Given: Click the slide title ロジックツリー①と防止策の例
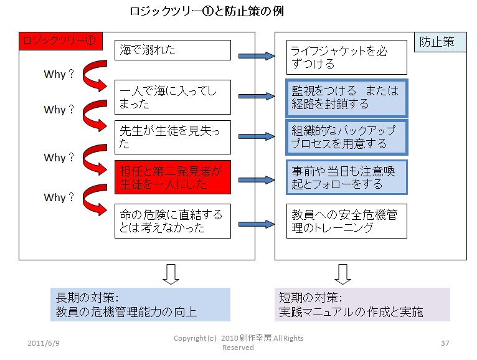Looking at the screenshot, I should pyautogui.click(x=206, y=12).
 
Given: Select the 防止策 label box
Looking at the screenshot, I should pyautogui.click(x=440, y=42).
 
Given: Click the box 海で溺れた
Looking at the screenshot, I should pyautogui.click(x=172, y=50).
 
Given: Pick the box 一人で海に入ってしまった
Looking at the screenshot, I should pyautogui.click(x=172, y=97).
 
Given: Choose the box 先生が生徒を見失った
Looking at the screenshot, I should pyautogui.click(x=172, y=137).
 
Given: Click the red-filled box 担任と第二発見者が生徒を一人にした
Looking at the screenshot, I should pyautogui.click(x=172, y=177).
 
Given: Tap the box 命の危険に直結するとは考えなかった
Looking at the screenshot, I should pyautogui.click(x=172, y=221).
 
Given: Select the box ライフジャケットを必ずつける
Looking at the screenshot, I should pyautogui.click(x=346, y=57).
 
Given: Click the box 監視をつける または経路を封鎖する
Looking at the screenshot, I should pyautogui.click(x=346, y=97).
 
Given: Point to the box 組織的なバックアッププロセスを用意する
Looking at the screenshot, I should pyautogui.click(x=346, y=137).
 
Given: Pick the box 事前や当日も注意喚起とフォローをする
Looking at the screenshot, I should pyautogui.click(x=346, y=177).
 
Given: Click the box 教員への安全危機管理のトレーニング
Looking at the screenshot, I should pyautogui.click(x=346, y=221).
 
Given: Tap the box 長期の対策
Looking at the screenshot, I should pyautogui.click(x=140, y=305).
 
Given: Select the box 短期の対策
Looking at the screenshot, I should pyautogui.click(x=362, y=305).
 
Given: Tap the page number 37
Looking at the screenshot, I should pyautogui.click(x=445, y=344).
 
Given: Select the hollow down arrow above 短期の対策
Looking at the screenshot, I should pyautogui.click(x=342, y=274).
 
